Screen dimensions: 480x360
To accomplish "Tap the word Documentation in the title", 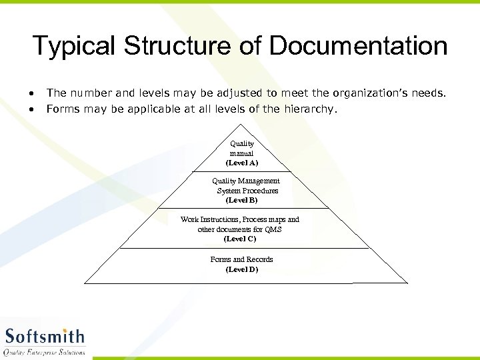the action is [358, 47].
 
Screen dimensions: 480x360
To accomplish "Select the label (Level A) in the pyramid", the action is [241, 163].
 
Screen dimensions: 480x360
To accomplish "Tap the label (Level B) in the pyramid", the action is [241, 200].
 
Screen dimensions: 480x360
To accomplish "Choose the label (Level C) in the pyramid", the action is [240, 239].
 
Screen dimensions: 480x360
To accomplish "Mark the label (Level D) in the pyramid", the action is [241, 269].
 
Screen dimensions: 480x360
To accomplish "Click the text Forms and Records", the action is [241, 259].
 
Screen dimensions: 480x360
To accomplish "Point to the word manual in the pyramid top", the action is [241, 153].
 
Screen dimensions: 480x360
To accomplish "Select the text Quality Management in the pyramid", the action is [246, 181].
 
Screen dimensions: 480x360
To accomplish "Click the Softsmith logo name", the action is [45, 335].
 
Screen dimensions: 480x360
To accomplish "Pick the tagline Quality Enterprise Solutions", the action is [45, 351].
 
